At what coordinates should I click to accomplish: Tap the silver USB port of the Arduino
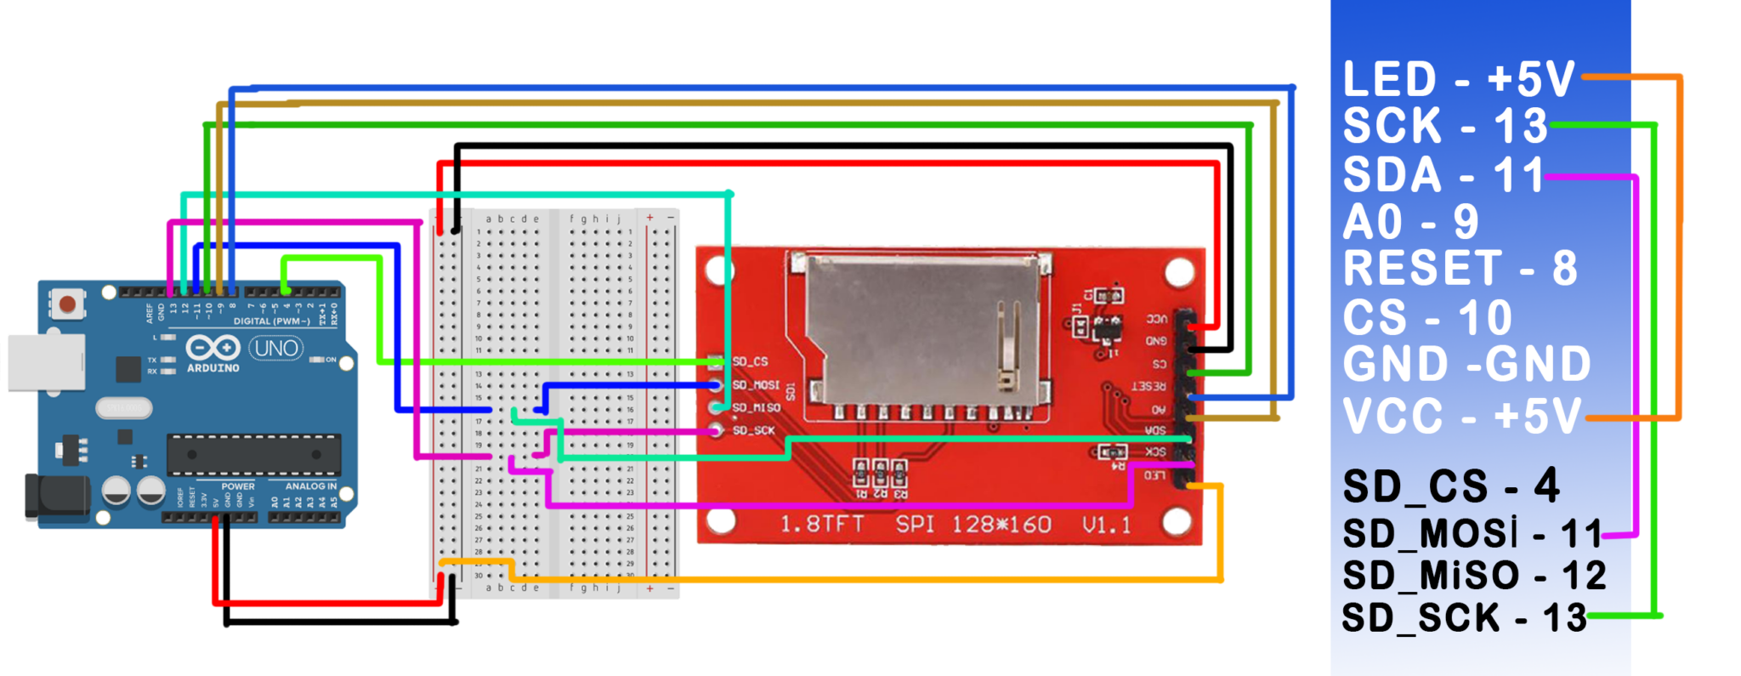tap(46, 362)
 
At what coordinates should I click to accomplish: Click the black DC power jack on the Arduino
tap(56, 497)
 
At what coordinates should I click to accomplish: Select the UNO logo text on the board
tap(276, 348)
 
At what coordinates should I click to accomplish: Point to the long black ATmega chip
tap(253, 454)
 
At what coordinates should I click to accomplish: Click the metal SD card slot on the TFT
tap(922, 327)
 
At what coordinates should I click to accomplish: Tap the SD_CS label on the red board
tap(750, 361)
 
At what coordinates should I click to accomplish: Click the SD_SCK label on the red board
tap(753, 430)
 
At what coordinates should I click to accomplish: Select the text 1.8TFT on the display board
tap(821, 524)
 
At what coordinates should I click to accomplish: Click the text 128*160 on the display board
tap(1001, 524)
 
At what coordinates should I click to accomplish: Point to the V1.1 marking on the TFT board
tap(1107, 525)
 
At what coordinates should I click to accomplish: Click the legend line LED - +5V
tap(1459, 79)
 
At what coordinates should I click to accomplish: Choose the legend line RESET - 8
tap(1460, 269)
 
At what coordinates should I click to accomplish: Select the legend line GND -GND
tap(1466, 364)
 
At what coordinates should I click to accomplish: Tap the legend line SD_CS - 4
tap(1450, 486)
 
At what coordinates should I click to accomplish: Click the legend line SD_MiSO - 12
tap(1473, 576)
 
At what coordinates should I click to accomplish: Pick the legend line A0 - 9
tap(1410, 223)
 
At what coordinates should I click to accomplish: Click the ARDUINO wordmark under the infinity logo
tap(213, 368)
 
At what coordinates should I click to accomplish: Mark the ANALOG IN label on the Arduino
tap(310, 486)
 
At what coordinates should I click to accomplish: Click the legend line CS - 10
tap(1427, 318)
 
